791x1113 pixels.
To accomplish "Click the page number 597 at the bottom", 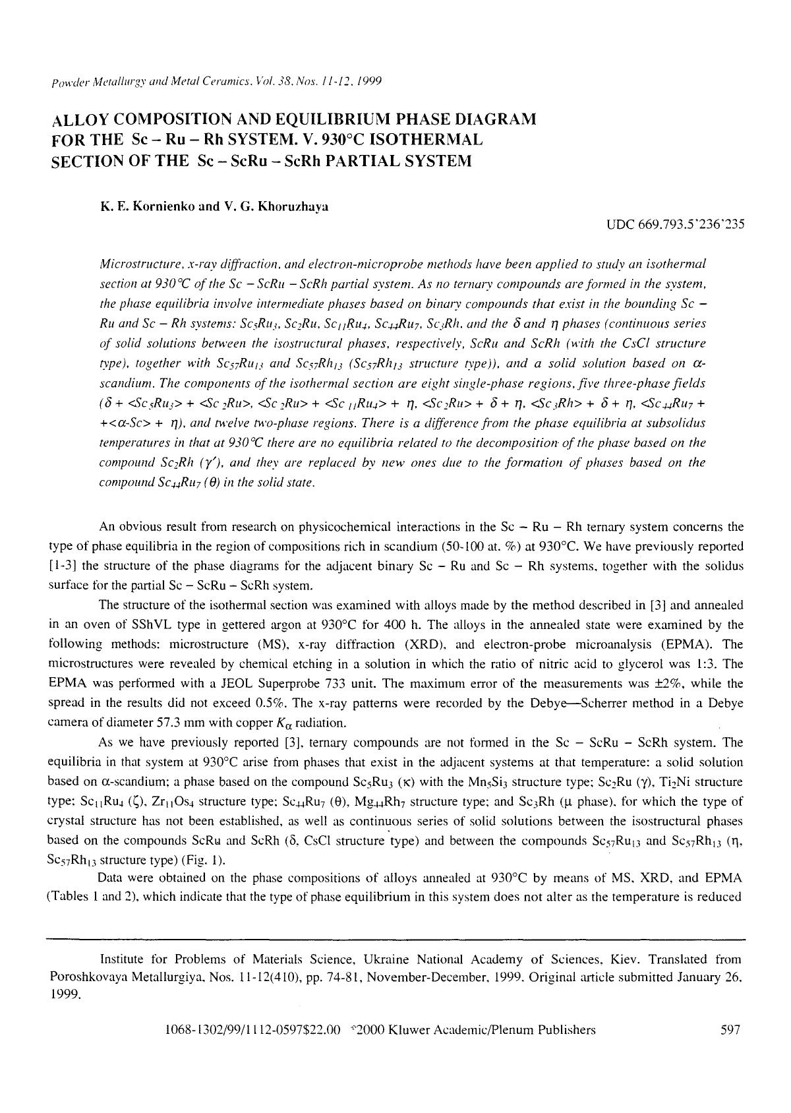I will (x=731, y=1030).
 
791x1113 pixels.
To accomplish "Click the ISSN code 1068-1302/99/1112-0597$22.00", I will (x=254, y=1030).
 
